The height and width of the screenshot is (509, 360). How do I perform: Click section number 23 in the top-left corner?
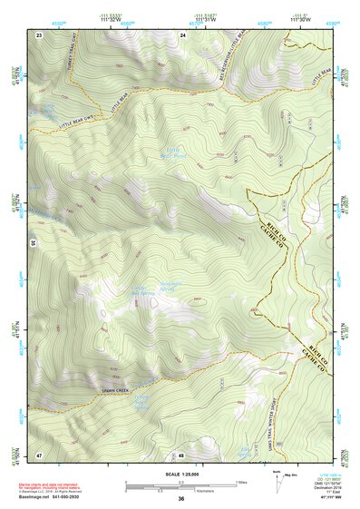pos(39,34)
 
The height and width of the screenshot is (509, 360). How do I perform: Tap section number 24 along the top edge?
pos(182,34)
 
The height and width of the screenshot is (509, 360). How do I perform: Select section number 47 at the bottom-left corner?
pos(39,454)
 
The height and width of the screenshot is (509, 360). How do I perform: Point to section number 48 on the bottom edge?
pos(181,455)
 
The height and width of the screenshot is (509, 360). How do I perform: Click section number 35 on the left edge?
pos(34,243)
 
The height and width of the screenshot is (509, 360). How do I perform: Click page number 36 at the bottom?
pos(181,499)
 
